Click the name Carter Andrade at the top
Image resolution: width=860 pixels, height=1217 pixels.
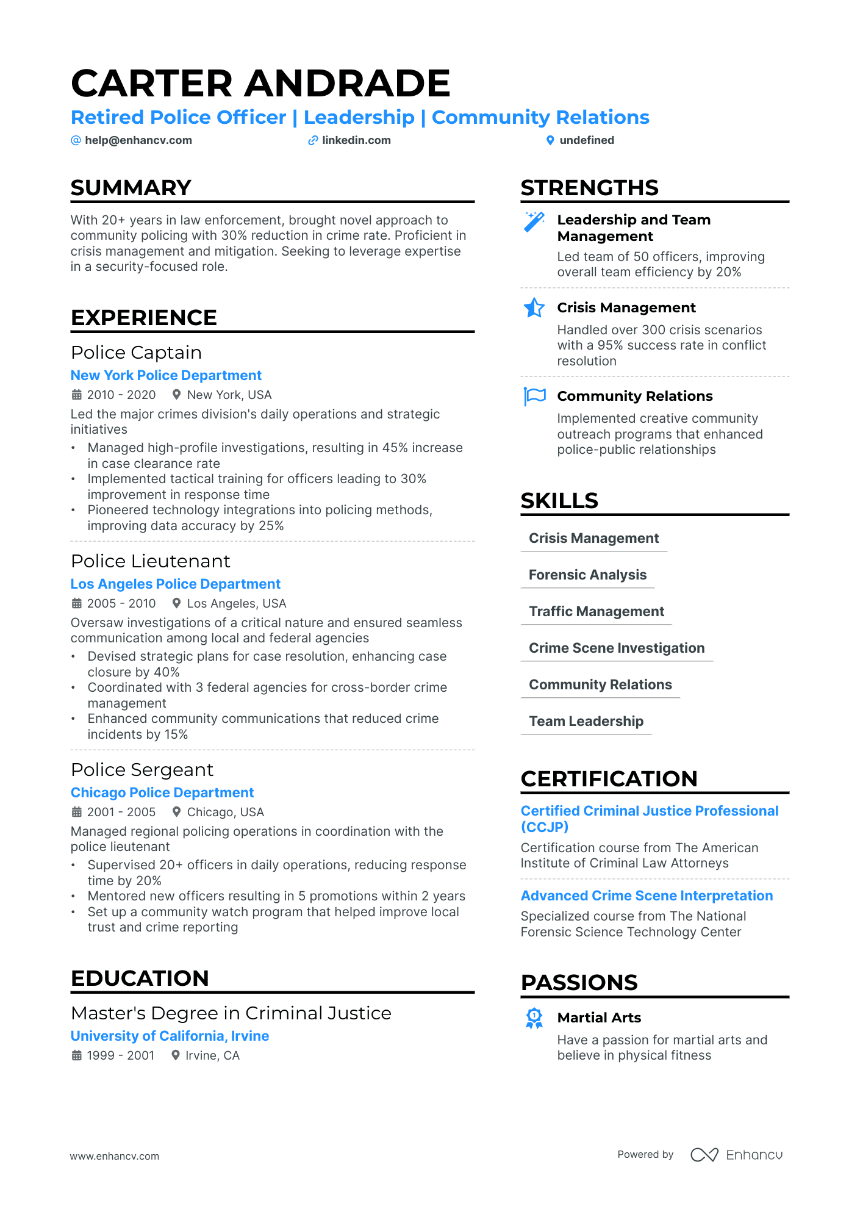tap(260, 83)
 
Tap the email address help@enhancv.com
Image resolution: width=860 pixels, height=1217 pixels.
tap(138, 140)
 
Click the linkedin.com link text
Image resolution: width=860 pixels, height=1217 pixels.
tap(356, 140)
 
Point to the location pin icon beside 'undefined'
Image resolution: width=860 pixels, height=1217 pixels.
tap(550, 140)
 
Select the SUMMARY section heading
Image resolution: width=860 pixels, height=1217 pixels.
tap(131, 188)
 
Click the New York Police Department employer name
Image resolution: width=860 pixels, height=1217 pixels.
tap(166, 375)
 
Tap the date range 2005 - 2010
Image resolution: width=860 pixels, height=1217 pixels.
tap(121, 603)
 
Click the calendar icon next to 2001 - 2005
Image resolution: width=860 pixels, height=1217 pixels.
tap(77, 812)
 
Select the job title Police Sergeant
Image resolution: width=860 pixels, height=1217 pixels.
tap(142, 770)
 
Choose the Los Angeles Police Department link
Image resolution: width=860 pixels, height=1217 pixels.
tap(176, 584)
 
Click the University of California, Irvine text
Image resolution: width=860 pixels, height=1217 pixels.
tap(170, 1036)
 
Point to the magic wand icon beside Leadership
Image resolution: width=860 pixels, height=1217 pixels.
tap(534, 221)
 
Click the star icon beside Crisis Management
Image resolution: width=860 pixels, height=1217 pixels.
tap(534, 308)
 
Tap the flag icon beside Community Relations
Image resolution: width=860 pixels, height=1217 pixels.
tap(534, 397)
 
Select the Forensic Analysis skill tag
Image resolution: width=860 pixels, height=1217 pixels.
tap(587, 575)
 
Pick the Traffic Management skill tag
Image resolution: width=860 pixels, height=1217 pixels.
tap(596, 611)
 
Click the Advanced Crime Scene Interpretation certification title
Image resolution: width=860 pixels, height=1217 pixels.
tap(647, 896)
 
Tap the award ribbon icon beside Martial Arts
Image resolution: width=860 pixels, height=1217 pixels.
tap(534, 1018)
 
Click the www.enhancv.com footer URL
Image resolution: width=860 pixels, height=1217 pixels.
tap(115, 1156)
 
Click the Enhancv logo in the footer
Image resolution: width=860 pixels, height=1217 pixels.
tap(736, 1155)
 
